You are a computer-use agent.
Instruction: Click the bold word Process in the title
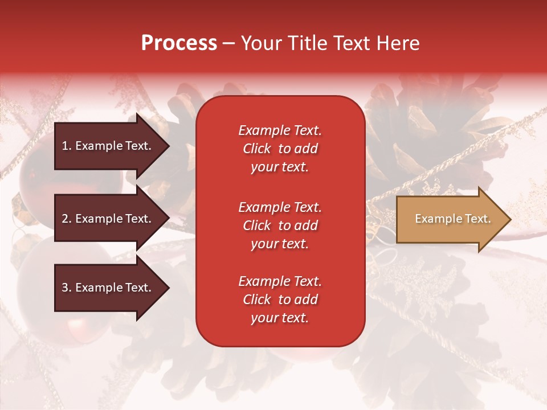coord(179,43)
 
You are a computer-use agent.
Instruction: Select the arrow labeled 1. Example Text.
coord(108,146)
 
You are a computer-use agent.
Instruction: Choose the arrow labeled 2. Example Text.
coord(108,219)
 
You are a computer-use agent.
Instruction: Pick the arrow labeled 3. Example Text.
coord(108,288)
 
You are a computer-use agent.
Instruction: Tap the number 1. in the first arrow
coord(67,146)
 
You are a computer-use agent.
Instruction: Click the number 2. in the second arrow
coord(67,219)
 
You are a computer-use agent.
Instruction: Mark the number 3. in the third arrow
coord(67,288)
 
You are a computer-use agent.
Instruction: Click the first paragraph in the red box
coord(280,149)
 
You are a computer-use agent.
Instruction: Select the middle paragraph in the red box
coord(280,225)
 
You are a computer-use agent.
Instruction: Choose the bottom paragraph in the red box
coord(280,300)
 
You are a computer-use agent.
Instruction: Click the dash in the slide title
coord(228,44)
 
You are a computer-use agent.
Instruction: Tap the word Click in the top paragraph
coord(256,149)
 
